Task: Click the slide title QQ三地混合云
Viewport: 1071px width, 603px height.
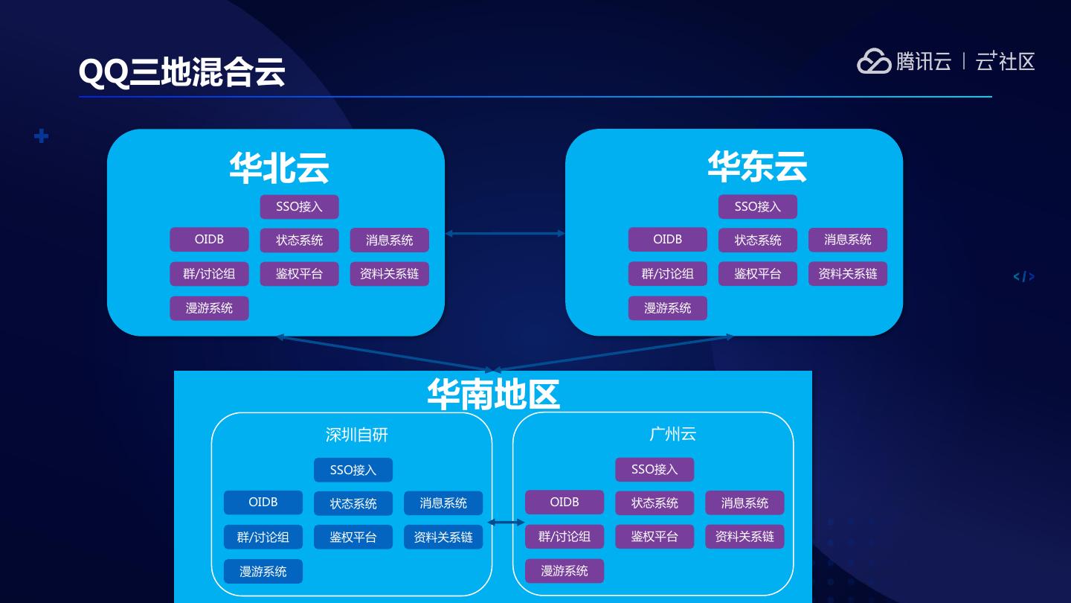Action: (x=182, y=72)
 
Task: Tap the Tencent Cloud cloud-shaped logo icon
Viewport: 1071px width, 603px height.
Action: (x=873, y=61)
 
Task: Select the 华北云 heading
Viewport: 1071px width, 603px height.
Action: (x=279, y=167)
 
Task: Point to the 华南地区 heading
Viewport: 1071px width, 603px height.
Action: (x=493, y=394)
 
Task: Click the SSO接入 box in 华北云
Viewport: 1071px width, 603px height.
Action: (x=299, y=207)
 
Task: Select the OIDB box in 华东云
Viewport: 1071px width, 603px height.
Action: (x=667, y=240)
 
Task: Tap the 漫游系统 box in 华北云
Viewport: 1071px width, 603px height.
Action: (x=209, y=308)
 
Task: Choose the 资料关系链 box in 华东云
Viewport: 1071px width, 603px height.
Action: (x=847, y=274)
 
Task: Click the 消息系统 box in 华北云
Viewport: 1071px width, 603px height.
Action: (x=389, y=240)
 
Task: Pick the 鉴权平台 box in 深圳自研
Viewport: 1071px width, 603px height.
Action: (x=353, y=537)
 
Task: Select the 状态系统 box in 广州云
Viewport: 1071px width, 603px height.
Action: (x=654, y=503)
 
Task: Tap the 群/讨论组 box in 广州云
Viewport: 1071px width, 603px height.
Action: (x=564, y=537)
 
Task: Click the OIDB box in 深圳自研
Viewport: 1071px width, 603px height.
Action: (x=263, y=502)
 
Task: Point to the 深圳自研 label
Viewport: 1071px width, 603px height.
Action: (x=357, y=435)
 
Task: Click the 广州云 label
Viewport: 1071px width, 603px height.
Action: (x=672, y=434)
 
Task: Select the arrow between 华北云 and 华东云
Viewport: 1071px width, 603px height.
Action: (x=505, y=234)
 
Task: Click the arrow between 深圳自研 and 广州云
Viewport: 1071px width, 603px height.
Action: (x=506, y=523)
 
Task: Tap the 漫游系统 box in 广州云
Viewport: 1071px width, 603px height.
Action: (x=564, y=571)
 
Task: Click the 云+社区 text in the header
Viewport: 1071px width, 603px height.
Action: (x=1005, y=61)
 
